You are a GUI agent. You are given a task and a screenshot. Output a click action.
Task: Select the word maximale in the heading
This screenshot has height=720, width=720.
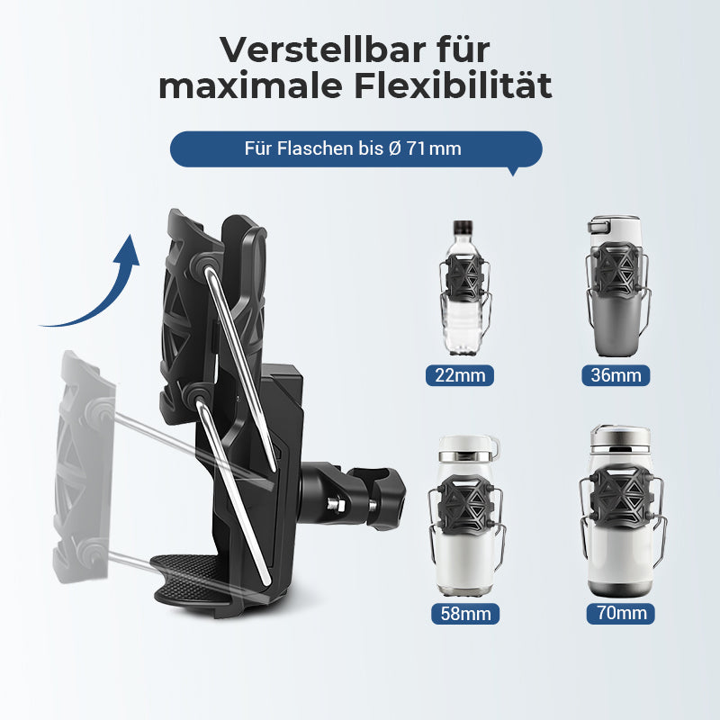239,87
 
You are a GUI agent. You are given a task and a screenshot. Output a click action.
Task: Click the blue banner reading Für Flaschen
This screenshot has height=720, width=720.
355,148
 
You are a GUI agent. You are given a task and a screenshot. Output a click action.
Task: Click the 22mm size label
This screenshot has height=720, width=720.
460,374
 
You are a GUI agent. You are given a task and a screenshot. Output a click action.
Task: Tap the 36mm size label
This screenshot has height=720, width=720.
618,374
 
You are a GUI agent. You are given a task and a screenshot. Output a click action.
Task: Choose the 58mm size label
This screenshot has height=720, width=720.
460,614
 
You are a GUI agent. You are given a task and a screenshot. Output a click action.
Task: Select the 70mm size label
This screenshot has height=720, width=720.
619,614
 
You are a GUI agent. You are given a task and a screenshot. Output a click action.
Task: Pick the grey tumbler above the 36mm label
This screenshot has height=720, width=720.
616,288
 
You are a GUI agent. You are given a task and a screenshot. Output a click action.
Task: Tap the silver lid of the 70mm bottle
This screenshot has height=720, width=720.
618,440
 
